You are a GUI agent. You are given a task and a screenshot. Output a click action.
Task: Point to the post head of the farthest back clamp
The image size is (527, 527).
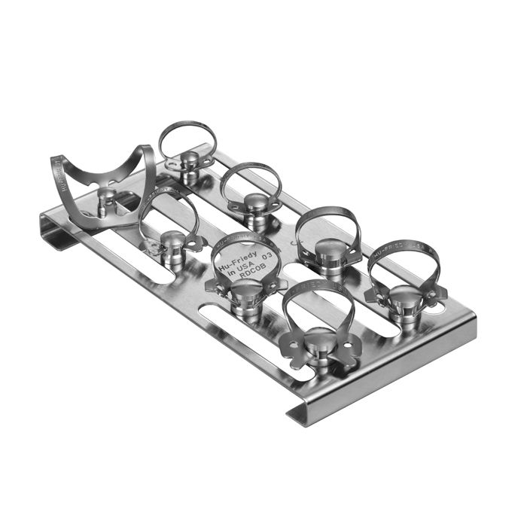click(x=187, y=160)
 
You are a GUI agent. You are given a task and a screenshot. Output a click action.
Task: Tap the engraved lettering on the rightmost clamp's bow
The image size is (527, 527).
click(x=410, y=245)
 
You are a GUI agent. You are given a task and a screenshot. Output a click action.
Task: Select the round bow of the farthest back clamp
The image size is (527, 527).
click(x=187, y=136)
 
